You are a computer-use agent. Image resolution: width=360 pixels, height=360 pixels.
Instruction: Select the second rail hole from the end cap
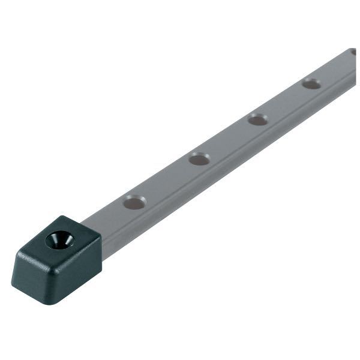point(199,159)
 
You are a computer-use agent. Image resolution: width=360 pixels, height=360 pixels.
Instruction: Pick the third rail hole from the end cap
point(257,119)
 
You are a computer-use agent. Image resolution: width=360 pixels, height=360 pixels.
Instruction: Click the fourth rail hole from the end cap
point(311,83)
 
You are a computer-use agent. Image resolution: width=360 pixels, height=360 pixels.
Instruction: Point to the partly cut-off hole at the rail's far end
point(353,53)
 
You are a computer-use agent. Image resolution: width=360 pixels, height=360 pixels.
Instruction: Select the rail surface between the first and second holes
point(167,181)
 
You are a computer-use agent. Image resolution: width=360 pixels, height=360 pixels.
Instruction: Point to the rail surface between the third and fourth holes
point(284,101)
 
